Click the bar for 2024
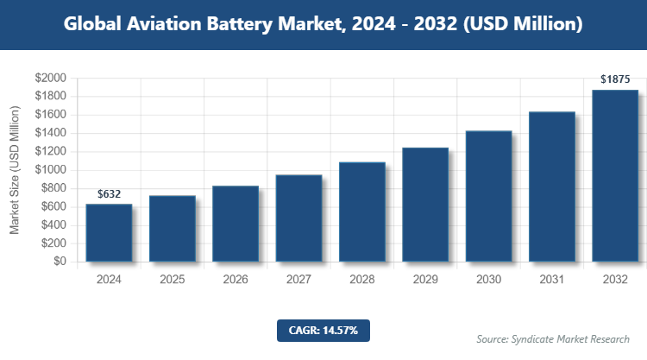109,232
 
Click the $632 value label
109,194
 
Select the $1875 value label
615,80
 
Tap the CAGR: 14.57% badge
323,330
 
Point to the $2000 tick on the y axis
49,78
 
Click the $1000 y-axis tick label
49,170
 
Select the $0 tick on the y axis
59,262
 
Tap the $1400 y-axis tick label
49,133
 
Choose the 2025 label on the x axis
172,280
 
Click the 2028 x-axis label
361,280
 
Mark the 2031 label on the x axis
551,280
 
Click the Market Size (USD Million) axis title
15,170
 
